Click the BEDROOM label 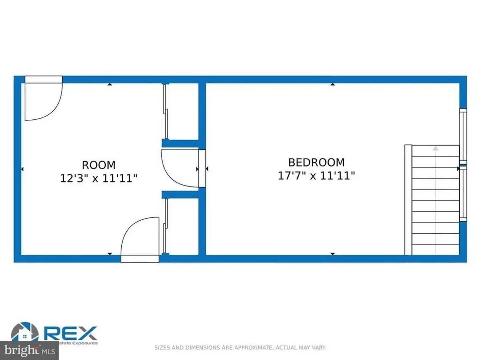click(316, 162)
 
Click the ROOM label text click(99, 165)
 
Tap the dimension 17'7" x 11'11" click(316, 175)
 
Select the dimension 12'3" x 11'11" click(99, 178)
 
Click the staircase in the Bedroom click(433, 200)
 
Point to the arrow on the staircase click(435, 148)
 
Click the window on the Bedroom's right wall click(463, 165)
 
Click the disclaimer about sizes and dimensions click(240, 348)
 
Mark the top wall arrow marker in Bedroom click(332, 84)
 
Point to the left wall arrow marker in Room click(22, 169)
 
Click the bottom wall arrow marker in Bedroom click(332, 254)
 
